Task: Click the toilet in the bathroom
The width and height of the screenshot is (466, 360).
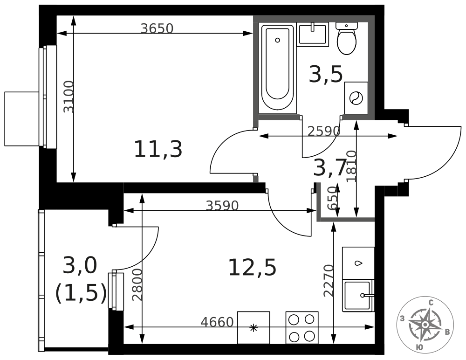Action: pyautogui.click(x=347, y=38)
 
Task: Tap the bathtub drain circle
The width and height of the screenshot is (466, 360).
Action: pyautogui.click(x=278, y=40)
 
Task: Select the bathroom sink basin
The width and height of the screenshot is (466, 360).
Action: pyautogui.click(x=313, y=35)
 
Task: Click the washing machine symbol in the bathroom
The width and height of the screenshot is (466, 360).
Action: pyautogui.click(x=356, y=98)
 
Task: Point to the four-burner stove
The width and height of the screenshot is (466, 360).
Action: pyautogui.click(x=302, y=327)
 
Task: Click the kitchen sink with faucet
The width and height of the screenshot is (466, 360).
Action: pyautogui.click(x=358, y=296)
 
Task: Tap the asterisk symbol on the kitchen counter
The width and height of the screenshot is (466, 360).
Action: pyautogui.click(x=253, y=328)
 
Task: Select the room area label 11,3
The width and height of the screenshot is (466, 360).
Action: pyautogui.click(x=158, y=149)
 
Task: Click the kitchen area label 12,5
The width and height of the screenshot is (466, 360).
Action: pyautogui.click(x=252, y=268)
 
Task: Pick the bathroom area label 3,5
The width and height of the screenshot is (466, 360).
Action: pyautogui.click(x=326, y=75)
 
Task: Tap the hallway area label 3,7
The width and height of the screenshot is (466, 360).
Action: pyautogui.click(x=330, y=167)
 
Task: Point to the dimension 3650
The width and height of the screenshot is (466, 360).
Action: pyautogui.click(x=157, y=28)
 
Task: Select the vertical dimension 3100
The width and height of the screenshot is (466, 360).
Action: pyautogui.click(x=69, y=97)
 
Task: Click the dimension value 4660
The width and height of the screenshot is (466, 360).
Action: pyautogui.click(x=217, y=322)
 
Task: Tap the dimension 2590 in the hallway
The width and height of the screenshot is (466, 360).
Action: pyautogui.click(x=324, y=131)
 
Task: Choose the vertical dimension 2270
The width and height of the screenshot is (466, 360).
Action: pyautogui.click(x=329, y=281)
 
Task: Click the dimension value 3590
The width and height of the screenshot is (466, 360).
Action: pyautogui.click(x=222, y=206)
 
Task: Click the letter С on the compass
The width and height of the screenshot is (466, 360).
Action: pyautogui.click(x=431, y=303)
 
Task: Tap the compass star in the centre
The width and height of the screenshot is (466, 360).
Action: pyautogui.click(x=425, y=324)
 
